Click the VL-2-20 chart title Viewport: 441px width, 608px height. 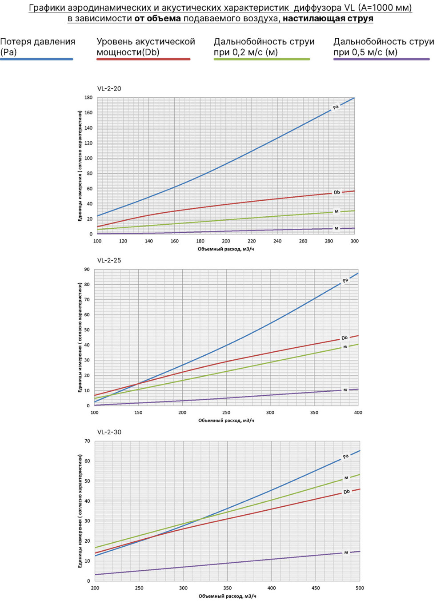pos(109,89)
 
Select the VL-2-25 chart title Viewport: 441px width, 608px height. pos(109,261)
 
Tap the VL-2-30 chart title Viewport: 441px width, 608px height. pos(109,433)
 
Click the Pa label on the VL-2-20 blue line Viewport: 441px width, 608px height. pos(336,107)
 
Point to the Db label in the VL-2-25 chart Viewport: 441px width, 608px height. pos(345,338)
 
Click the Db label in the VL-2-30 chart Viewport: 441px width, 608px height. pos(346,492)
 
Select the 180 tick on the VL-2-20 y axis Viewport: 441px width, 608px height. pos(88,97)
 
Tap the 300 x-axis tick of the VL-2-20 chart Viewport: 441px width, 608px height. pos(355,241)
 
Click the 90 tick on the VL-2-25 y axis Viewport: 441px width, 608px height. pos(87,269)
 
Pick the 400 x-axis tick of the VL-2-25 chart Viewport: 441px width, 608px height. pos(358,413)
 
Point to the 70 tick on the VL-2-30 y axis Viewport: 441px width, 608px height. pos(87,441)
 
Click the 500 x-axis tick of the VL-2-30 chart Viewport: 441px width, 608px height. pos(360,588)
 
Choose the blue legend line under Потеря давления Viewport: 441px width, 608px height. pos(37,59)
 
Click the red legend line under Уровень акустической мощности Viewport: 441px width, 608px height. pos(144,59)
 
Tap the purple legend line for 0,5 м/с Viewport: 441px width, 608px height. pos(381,59)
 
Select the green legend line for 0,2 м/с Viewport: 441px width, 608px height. pos(262,59)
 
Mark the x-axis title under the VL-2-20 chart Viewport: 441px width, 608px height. pos(226,249)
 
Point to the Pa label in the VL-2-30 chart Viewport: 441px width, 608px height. pos(345,457)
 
